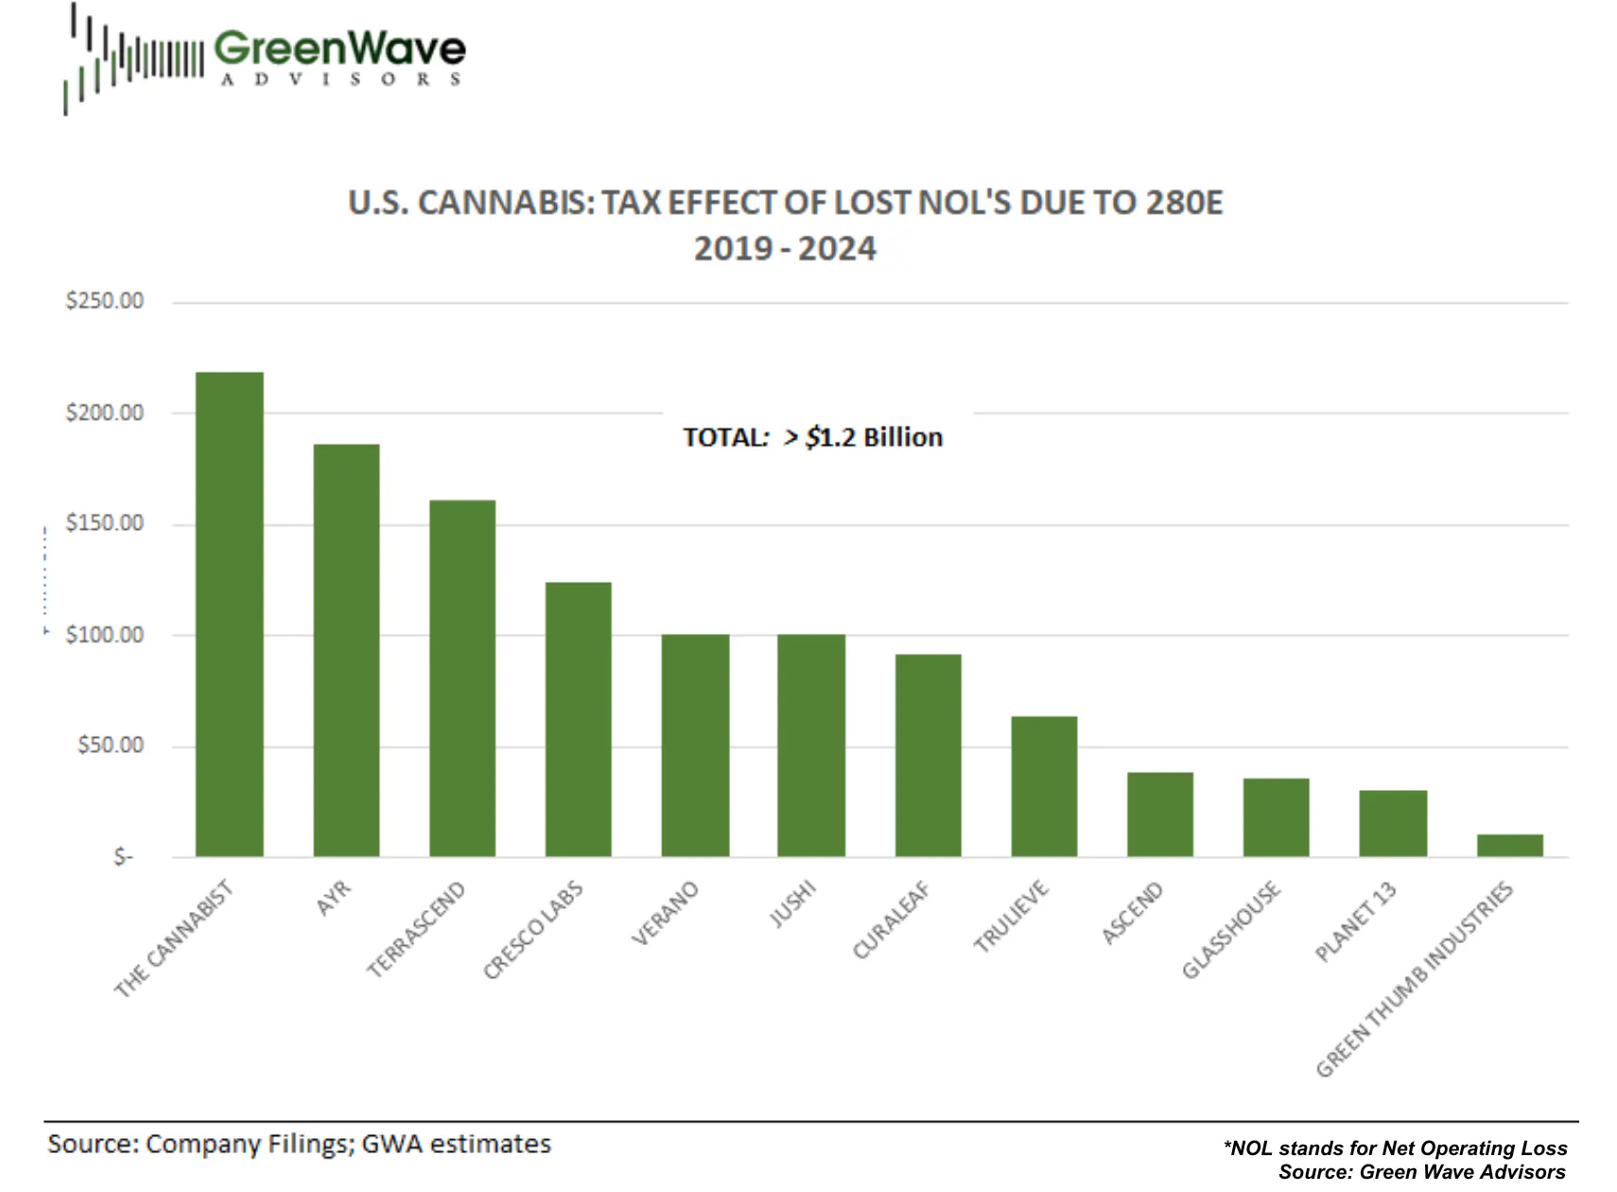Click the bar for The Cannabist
[230, 615]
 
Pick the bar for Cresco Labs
[579, 719]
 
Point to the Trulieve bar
[1044, 786]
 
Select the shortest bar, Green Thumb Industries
[1510, 845]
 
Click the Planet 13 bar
[1393, 823]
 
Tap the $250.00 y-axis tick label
[104, 301]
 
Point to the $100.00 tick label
[104, 635]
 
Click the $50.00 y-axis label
[110, 745]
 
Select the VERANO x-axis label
[665, 913]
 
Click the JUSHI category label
[792, 903]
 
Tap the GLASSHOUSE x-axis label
[1231, 930]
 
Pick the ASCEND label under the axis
[1132, 913]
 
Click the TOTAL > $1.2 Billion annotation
[813, 437]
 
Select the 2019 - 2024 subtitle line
[785, 249]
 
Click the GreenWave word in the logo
[339, 48]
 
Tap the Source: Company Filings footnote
[299, 1144]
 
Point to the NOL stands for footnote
[1395, 1148]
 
